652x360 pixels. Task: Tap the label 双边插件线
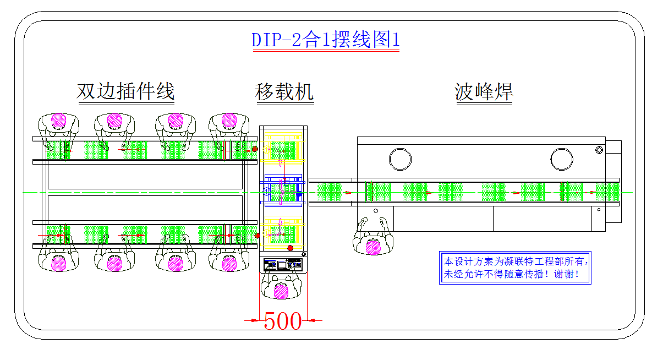click(125, 91)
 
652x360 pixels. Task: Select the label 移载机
click(284, 91)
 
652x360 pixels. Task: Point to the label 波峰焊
click(484, 91)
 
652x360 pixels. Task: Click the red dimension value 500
click(283, 321)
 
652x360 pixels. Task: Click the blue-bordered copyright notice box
click(514, 268)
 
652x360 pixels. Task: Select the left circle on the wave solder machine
click(400, 159)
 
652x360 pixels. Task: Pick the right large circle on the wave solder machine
click(562, 159)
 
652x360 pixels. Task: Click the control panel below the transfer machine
click(283, 265)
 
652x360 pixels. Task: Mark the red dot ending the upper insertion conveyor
click(255, 149)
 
